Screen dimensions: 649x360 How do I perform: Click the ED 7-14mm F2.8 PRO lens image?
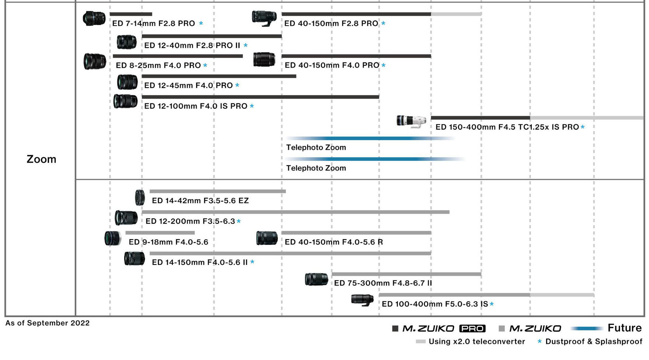click(94, 18)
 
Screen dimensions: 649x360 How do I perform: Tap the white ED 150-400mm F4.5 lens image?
click(412, 121)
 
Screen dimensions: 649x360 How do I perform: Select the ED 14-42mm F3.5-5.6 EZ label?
click(200, 201)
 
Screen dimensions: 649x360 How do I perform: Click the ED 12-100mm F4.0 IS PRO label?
click(196, 106)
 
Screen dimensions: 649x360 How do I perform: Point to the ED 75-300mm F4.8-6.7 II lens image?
click(316, 279)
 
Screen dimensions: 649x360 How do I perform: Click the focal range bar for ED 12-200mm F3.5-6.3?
click(295, 212)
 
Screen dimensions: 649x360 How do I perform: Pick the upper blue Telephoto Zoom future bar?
click(370, 138)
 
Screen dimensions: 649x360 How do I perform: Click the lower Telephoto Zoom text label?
click(316, 168)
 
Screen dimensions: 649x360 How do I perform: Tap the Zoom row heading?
click(41, 159)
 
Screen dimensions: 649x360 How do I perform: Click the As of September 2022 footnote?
click(48, 323)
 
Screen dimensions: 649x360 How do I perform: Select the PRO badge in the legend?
click(472, 328)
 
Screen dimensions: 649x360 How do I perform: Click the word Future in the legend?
click(625, 328)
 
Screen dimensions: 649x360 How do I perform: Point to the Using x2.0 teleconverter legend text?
click(477, 342)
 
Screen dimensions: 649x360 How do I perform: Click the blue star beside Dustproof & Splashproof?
click(539, 342)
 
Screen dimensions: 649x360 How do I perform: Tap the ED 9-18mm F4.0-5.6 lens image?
click(113, 239)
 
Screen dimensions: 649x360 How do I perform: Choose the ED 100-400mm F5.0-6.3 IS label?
click(435, 304)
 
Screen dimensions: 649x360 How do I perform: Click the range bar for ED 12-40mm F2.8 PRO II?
click(212, 36)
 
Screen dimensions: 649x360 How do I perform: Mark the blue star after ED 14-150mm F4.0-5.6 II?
click(252, 262)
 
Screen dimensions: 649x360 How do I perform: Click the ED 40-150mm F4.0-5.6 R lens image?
click(267, 238)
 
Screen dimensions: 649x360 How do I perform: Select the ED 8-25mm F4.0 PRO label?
click(158, 65)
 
